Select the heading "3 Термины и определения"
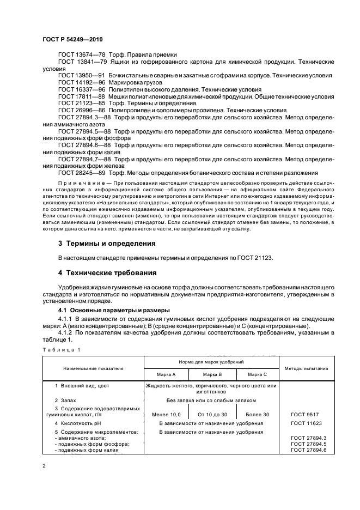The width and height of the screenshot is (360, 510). pos(107,244)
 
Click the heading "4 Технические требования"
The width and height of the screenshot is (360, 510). pos(107,272)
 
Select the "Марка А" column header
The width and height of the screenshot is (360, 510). pos(166,374)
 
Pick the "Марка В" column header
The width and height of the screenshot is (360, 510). pos(212,374)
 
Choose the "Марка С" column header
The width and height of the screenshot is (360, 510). pos(257,374)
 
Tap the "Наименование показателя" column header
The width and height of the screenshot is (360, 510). pos(93,368)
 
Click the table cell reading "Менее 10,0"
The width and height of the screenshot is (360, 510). pos(166,415)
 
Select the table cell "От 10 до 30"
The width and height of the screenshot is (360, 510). pos(212,415)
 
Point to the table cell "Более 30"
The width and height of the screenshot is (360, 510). pos(257,415)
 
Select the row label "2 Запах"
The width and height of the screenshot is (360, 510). pos(75,400)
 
